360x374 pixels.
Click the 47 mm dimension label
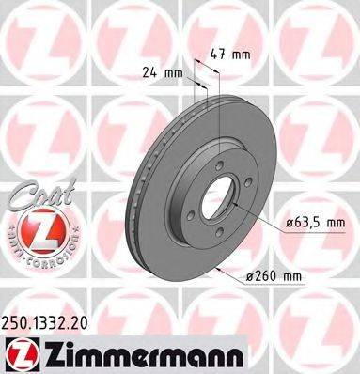pos(235,54)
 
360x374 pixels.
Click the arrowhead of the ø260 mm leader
pos(219,271)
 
